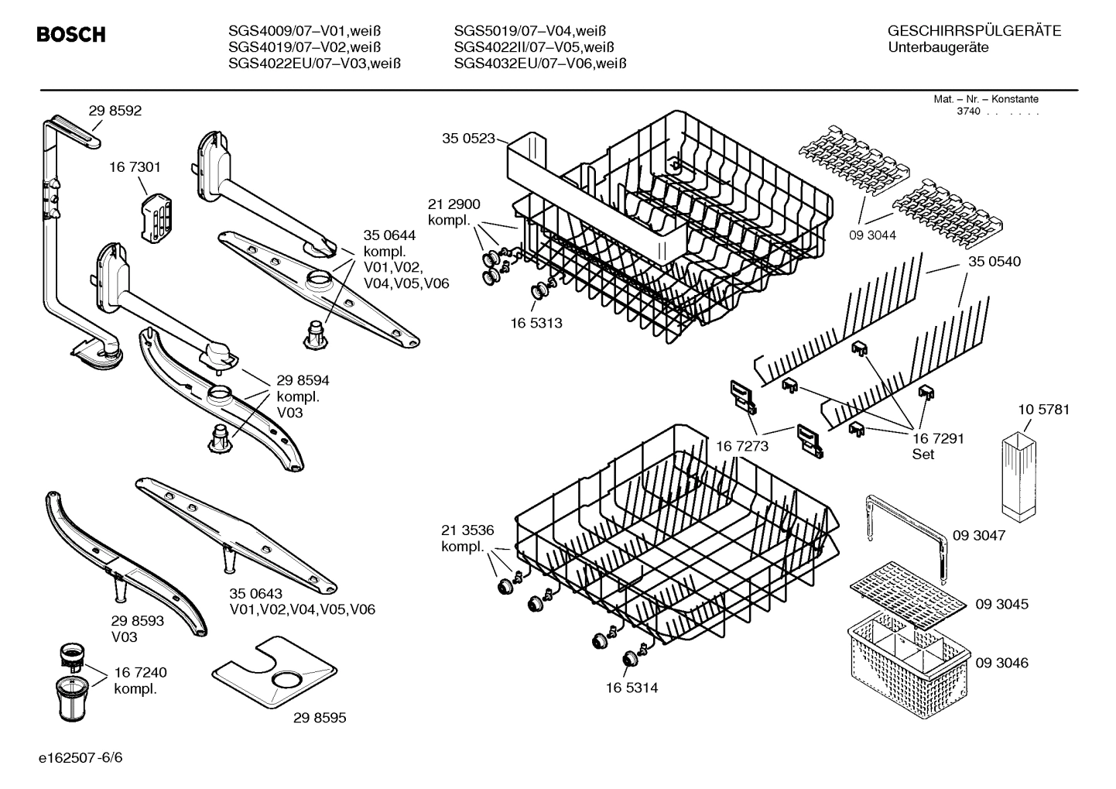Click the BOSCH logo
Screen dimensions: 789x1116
(71, 35)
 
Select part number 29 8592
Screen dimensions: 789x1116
(115, 111)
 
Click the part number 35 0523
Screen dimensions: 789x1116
(468, 139)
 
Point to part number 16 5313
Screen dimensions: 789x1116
(536, 323)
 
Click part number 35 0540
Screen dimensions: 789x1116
(994, 262)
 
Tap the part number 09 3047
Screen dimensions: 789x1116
(979, 535)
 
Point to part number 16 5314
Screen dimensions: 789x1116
(632, 688)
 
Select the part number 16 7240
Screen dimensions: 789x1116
(140, 672)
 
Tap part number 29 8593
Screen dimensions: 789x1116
(138, 621)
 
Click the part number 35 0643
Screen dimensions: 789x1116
(255, 593)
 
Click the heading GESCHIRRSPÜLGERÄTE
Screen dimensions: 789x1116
(974, 32)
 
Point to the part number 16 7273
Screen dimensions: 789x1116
(742, 446)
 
